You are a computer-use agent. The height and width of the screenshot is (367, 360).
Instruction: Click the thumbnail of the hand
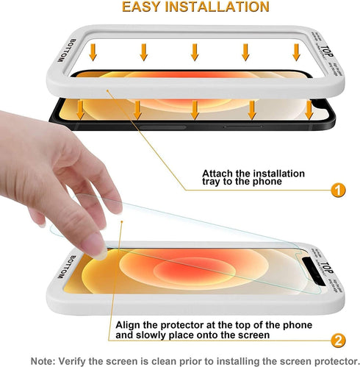point(59,177)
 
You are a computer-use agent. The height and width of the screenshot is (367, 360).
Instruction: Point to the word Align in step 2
point(129,324)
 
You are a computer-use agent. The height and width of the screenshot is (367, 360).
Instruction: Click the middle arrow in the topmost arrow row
point(195,51)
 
